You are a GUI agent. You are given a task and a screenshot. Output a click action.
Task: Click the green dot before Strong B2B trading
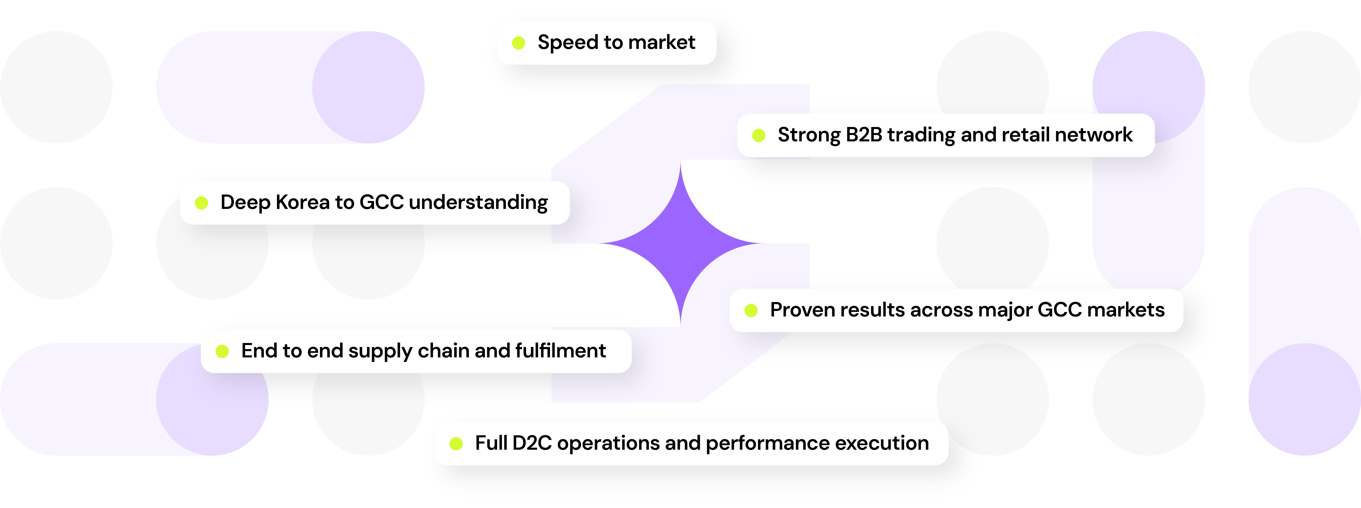point(759,135)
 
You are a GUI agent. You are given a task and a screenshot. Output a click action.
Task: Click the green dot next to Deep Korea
point(201,203)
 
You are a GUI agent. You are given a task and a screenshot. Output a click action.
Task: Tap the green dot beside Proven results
point(751,310)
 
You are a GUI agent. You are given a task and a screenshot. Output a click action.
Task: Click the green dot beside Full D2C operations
point(456,444)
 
